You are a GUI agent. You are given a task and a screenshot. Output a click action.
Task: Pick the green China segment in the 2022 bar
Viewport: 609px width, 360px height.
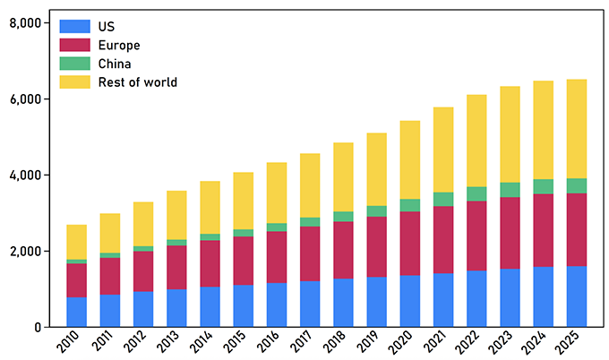(477, 193)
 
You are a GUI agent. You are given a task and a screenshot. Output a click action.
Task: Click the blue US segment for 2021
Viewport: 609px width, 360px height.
(443, 300)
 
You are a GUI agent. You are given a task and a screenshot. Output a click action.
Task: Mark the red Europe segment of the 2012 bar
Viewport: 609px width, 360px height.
(143, 270)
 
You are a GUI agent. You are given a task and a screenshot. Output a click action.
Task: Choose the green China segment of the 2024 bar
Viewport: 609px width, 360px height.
(544, 186)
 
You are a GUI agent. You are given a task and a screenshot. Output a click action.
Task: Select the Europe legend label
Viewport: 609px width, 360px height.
(119, 45)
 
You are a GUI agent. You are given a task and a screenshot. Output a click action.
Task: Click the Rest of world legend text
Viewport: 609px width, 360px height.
(138, 82)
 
